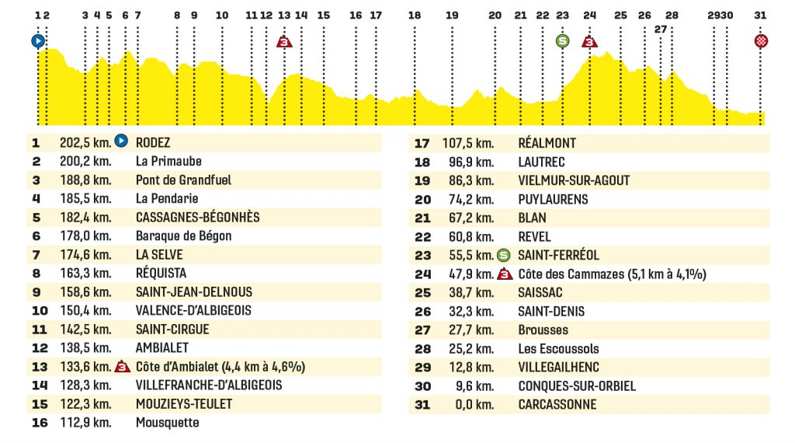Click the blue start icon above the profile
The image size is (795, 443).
pyautogui.click(x=38, y=41)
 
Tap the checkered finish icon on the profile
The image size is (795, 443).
pyautogui.click(x=761, y=41)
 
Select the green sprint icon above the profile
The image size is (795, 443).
pyautogui.click(x=562, y=41)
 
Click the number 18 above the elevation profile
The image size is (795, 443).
pyautogui.click(x=415, y=16)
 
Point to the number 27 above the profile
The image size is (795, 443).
pyautogui.click(x=660, y=30)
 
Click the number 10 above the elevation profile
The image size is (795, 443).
pyautogui.click(x=222, y=16)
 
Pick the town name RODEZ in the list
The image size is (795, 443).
pyautogui.click(x=153, y=142)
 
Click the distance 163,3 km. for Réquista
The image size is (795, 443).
pyautogui.click(x=85, y=274)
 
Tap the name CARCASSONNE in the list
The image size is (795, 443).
pyautogui.click(x=557, y=405)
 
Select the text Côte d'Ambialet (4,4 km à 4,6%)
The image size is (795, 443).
pyautogui.click(x=220, y=367)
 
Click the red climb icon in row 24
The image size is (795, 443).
pyautogui.click(x=505, y=274)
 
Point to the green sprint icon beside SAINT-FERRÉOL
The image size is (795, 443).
pyautogui.click(x=503, y=255)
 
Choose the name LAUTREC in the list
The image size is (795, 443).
pyautogui.click(x=541, y=162)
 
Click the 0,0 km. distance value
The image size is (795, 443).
pyautogui.click(x=474, y=405)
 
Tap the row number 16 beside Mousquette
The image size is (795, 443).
pyautogui.click(x=40, y=423)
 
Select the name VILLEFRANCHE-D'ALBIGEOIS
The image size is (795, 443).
pyautogui.click(x=209, y=385)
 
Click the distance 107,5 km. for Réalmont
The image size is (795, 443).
pyautogui.click(x=468, y=144)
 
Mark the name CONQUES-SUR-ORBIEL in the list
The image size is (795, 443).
pyautogui.click(x=577, y=386)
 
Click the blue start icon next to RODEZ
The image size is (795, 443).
pyautogui.click(x=121, y=141)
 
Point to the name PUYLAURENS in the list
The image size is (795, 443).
pyautogui.click(x=553, y=200)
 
